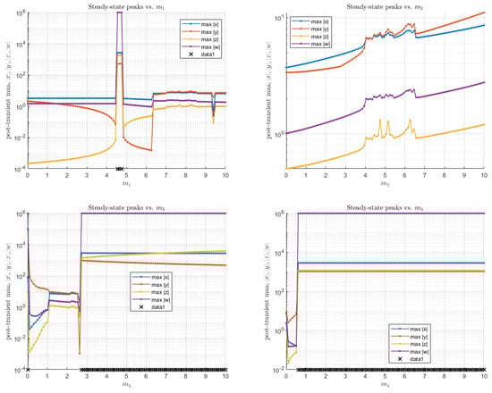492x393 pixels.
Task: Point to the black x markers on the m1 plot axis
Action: click(120, 168)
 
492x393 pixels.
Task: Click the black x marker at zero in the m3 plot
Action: click(28, 369)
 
